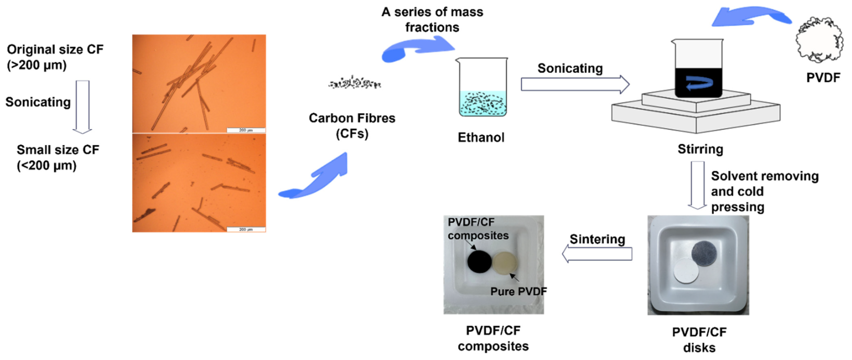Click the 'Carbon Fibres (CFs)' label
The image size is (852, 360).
coord(352,126)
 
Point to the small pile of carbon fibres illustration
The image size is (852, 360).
coord(354,83)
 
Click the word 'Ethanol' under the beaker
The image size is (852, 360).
coord(481,137)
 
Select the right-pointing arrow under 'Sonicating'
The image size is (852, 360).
coord(575,84)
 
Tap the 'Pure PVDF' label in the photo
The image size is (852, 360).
coord(518,291)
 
